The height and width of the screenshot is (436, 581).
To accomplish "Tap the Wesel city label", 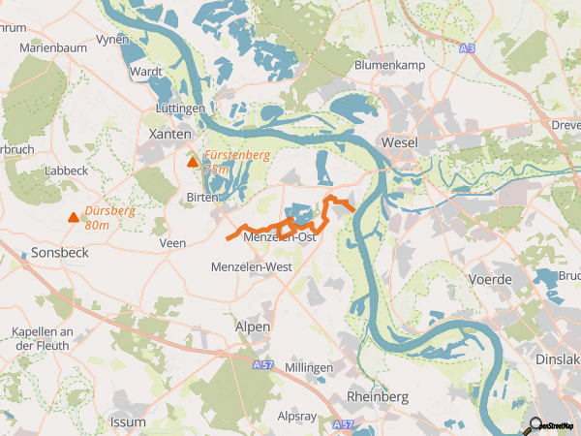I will click(400, 142).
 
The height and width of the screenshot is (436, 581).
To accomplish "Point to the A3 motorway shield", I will click(468, 47).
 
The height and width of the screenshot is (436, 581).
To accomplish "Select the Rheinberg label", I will click(377, 397).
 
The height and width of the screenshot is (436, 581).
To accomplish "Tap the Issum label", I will click(128, 423).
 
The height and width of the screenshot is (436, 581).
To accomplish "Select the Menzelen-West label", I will click(251, 266).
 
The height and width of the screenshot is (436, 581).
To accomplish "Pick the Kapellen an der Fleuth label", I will click(43, 338).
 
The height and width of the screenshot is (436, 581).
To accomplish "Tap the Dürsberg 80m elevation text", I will click(108, 217).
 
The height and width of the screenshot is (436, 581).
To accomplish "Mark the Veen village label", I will click(172, 243).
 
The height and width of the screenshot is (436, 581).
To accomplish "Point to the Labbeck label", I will click(67, 170).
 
